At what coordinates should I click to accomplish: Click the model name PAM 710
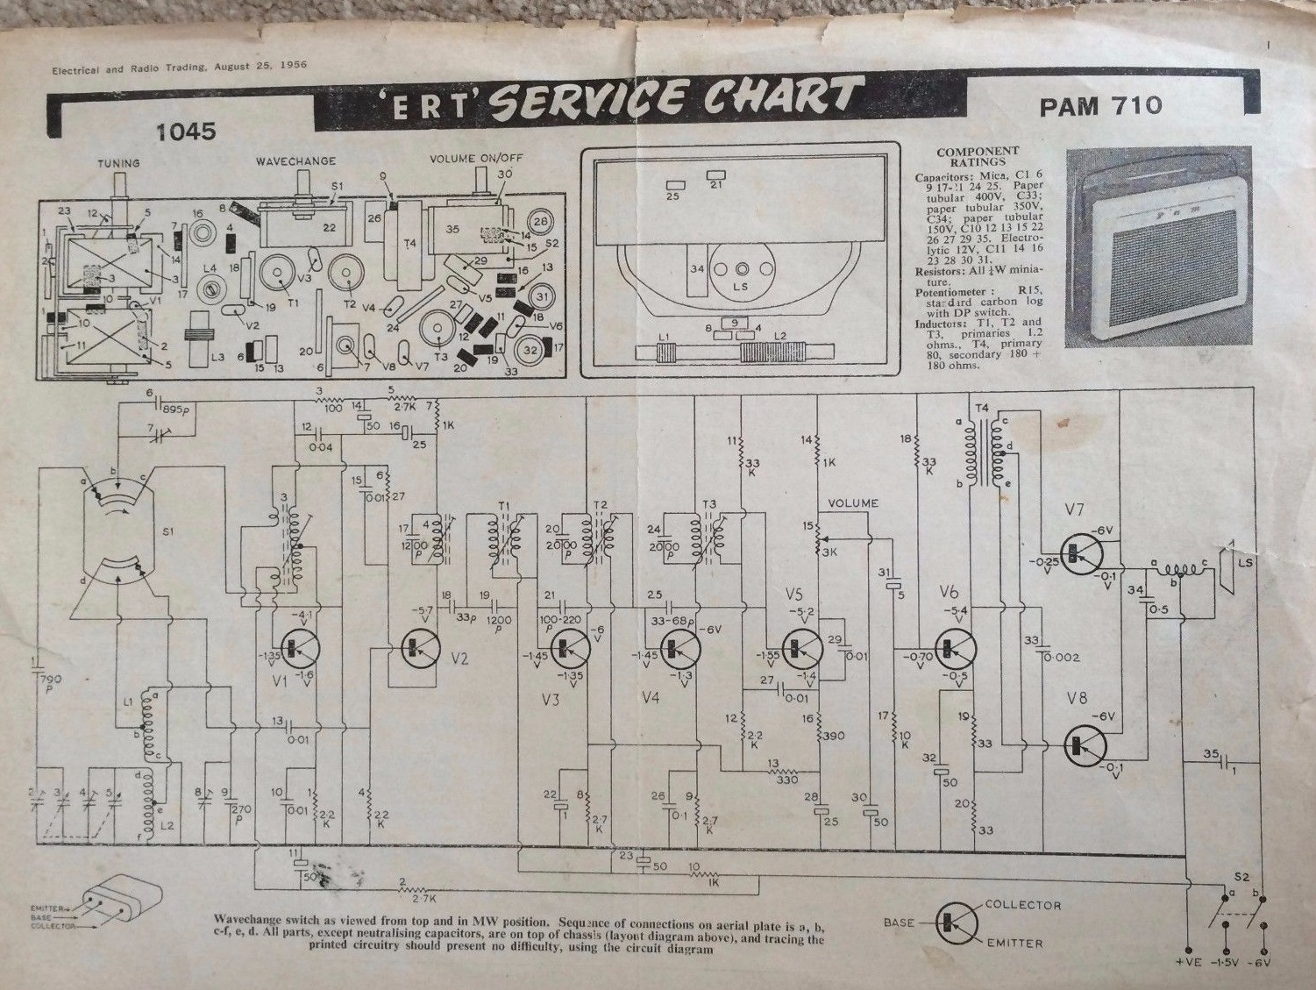(x=1100, y=105)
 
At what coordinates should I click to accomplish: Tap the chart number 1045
(x=185, y=132)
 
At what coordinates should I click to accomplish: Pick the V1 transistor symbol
(x=295, y=647)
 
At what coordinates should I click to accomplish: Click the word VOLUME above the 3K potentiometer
(x=853, y=503)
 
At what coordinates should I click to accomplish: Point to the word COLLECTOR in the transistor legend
(x=1022, y=904)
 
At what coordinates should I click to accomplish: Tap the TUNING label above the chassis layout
(x=118, y=163)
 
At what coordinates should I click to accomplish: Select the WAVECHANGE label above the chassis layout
(x=295, y=162)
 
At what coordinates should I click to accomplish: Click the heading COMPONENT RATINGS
(x=978, y=157)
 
